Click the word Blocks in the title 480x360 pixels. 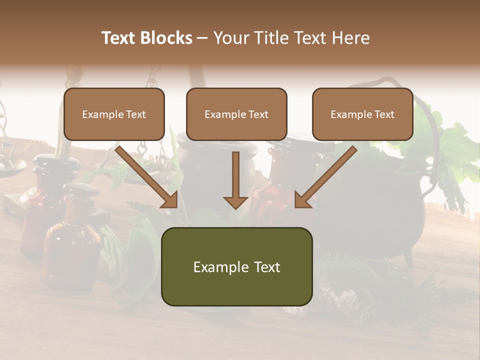166,38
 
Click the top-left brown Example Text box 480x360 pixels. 114,114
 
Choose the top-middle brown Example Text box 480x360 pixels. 236,114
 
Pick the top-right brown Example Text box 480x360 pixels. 362,114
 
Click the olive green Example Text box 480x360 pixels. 236,266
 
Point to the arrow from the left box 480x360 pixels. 147,177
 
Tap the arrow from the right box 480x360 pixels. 325,177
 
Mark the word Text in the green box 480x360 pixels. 267,267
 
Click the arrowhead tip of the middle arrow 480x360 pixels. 235,207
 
